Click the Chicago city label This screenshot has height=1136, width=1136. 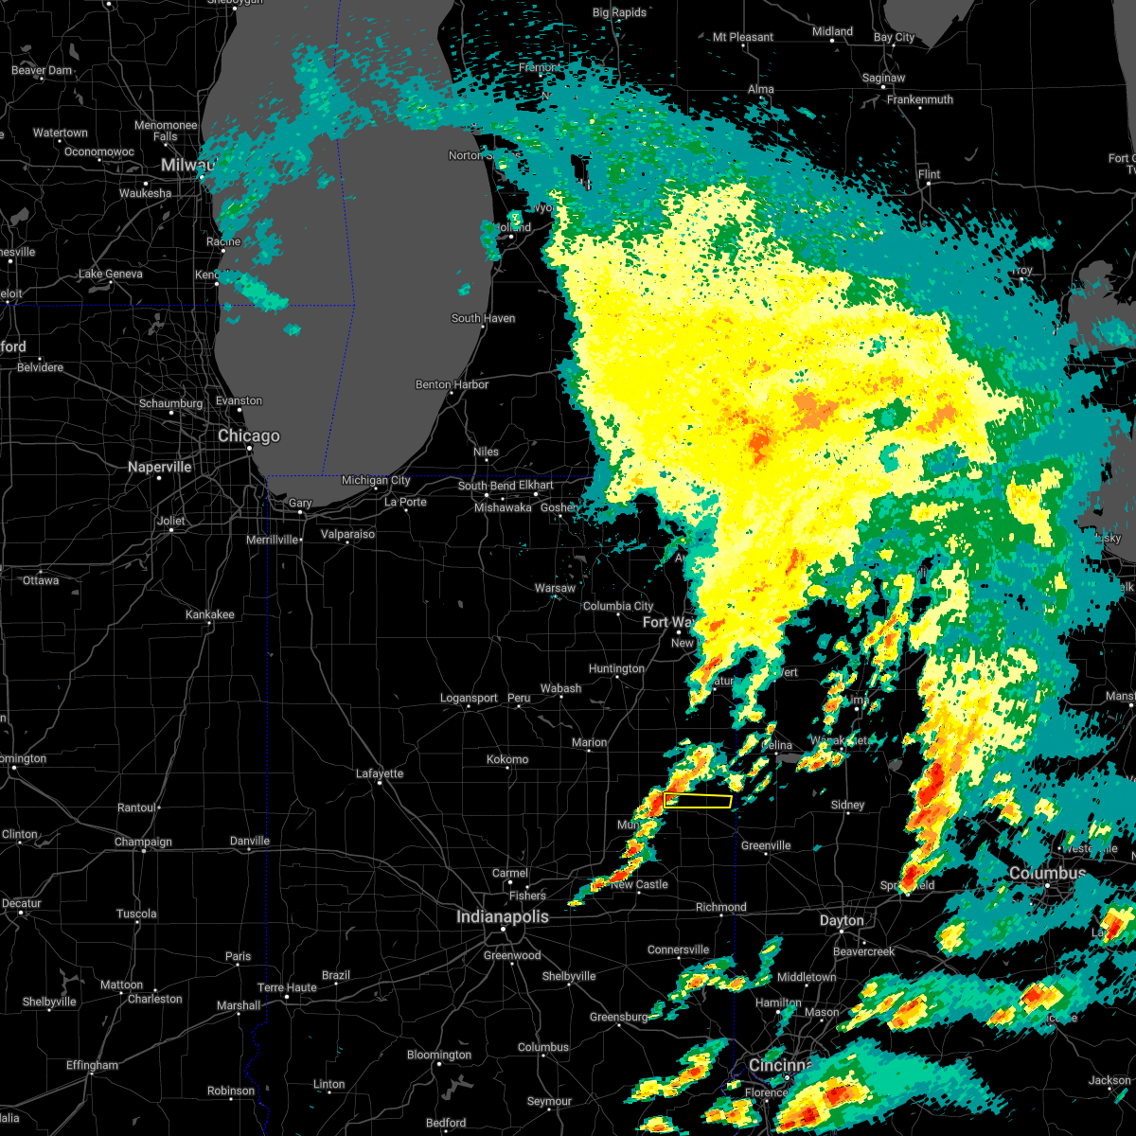(x=249, y=436)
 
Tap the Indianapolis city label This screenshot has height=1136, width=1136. (x=502, y=916)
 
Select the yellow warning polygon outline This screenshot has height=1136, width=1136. (x=699, y=801)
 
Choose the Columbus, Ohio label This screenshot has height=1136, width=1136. (x=1048, y=873)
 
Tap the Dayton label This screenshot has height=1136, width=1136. (x=842, y=920)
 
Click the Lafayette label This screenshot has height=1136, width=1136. (x=380, y=773)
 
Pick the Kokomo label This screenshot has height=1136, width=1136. (x=507, y=759)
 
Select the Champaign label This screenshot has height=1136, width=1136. (x=144, y=842)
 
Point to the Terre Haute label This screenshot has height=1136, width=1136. (x=288, y=987)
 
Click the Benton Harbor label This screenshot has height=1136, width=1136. (x=453, y=384)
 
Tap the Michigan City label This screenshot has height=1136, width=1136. (x=376, y=481)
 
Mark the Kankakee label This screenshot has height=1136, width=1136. (x=209, y=614)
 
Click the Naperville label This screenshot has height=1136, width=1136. (x=160, y=467)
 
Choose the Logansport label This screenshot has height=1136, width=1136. (x=469, y=698)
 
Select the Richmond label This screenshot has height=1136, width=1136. (x=721, y=907)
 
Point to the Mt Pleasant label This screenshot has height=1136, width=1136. (x=743, y=37)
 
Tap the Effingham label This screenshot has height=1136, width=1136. (x=92, y=1065)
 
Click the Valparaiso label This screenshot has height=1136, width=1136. (x=347, y=534)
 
